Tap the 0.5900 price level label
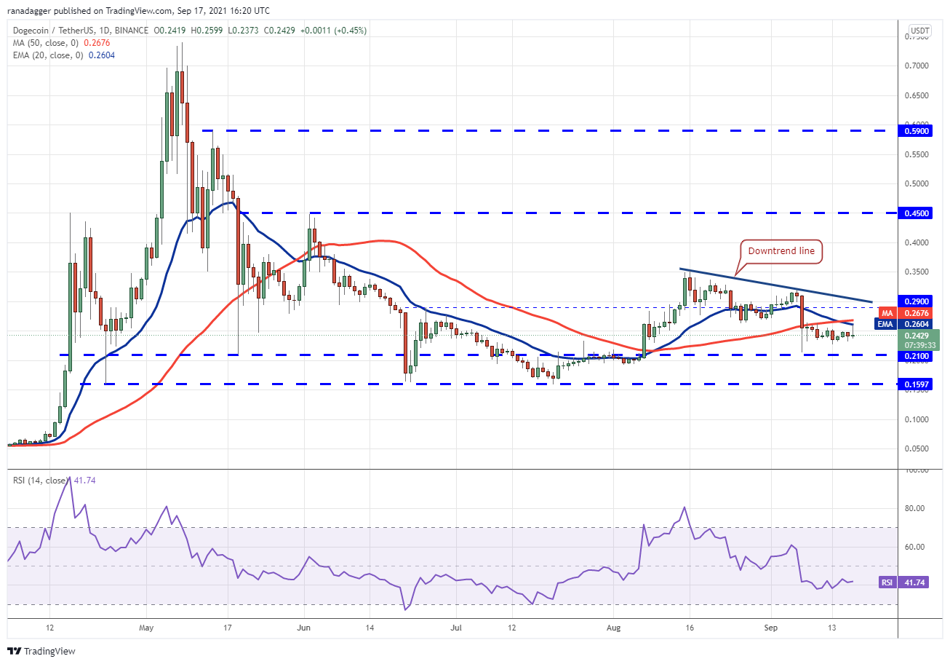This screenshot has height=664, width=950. click(915, 131)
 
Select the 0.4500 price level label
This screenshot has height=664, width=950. click(915, 213)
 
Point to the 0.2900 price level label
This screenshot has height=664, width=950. click(915, 301)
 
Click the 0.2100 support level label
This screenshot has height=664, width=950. click(915, 355)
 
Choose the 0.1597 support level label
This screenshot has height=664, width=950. click(915, 384)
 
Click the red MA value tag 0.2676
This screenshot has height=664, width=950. click(915, 314)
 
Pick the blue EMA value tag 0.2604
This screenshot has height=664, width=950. click(915, 324)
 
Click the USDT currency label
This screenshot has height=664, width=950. click(920, 31)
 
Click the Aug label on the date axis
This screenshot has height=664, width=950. click(614, 627)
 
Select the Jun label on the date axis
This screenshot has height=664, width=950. click(304, 627)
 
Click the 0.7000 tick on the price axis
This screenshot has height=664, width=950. click(917, 66)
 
